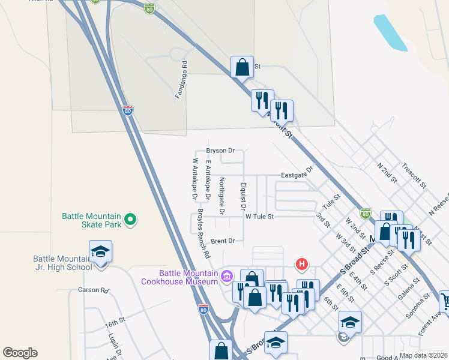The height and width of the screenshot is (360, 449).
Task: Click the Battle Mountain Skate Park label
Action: [x=92, y=220]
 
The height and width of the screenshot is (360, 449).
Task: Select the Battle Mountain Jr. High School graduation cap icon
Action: [x=100, y=253]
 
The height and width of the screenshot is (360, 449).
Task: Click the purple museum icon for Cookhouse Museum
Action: [x=226, y=276]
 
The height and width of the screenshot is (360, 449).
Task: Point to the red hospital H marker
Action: [x=303, y=264]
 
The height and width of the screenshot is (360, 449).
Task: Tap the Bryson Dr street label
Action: [x=220, y=151]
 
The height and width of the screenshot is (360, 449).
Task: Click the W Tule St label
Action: [x=259, y=216]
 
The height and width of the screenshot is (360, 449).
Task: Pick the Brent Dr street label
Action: [x=222, y=241]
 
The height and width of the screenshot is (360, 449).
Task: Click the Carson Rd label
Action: [x=92, y=290]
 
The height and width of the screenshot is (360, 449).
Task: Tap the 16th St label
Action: [x=115, y=322]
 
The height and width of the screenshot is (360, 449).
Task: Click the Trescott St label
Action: [x=413, y=174]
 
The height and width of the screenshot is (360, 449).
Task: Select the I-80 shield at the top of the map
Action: [x=149, y=8]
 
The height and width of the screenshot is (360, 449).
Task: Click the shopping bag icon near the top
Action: [x=242, y=68]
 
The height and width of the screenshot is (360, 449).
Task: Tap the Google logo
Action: [x=20, y=353]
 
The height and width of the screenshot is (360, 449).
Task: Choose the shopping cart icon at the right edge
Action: [x=445, y=300]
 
